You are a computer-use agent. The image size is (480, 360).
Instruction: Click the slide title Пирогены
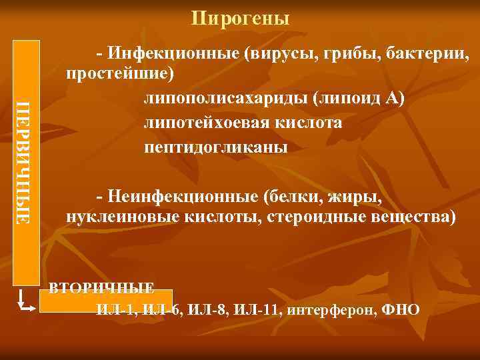click(240, 18)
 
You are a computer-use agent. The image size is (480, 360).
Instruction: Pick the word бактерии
click(428, 53)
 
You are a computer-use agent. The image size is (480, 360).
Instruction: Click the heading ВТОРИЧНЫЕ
click(102, 288)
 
